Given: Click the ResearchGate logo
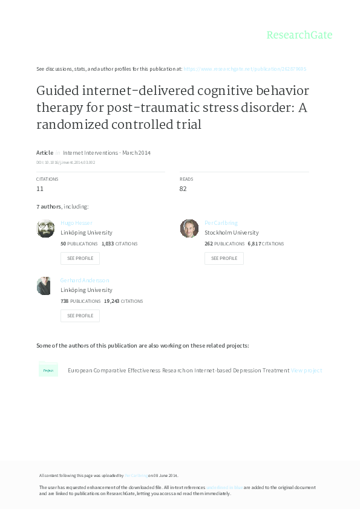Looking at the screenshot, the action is [299, 35].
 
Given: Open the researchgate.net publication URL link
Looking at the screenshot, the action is [244, 69].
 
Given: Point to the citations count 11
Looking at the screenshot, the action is [40, 189].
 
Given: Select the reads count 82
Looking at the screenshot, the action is [183, 189].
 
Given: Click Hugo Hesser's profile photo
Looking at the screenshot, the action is [45, 229].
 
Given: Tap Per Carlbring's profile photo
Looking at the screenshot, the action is [189, 229].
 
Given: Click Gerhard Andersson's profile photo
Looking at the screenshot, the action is [44, 286].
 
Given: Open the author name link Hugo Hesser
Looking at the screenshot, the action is [76, 223].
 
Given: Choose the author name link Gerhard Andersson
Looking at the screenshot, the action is [85, 280].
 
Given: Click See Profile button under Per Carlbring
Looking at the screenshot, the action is [224, 258].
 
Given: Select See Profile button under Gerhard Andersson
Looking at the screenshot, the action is [80, 316].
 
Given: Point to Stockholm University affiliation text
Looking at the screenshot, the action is [231, 233].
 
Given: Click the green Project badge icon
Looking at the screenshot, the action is [48, 370].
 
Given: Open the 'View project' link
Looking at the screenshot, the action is [306, 371].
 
